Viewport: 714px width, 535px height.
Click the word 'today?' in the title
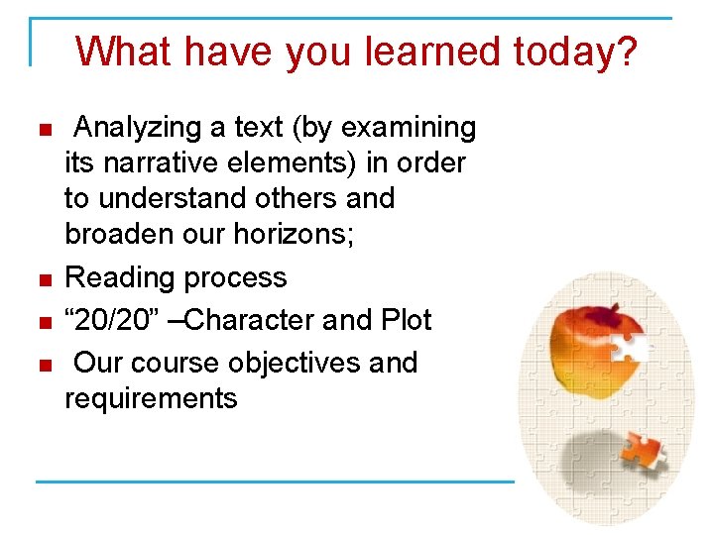click(577, 51)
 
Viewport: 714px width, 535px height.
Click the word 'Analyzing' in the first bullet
click(137, 128)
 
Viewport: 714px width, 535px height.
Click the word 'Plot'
click(407, 320)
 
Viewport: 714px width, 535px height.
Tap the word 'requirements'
click(151, 398)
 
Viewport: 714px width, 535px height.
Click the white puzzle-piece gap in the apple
click(631, 346)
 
